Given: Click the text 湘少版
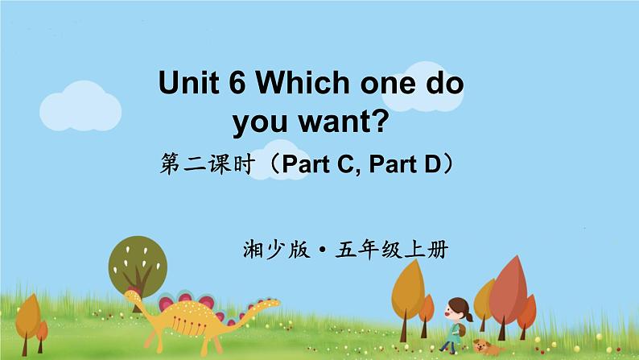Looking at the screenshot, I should [x=275, y=250].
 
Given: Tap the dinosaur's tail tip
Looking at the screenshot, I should [x=277, y=303].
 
